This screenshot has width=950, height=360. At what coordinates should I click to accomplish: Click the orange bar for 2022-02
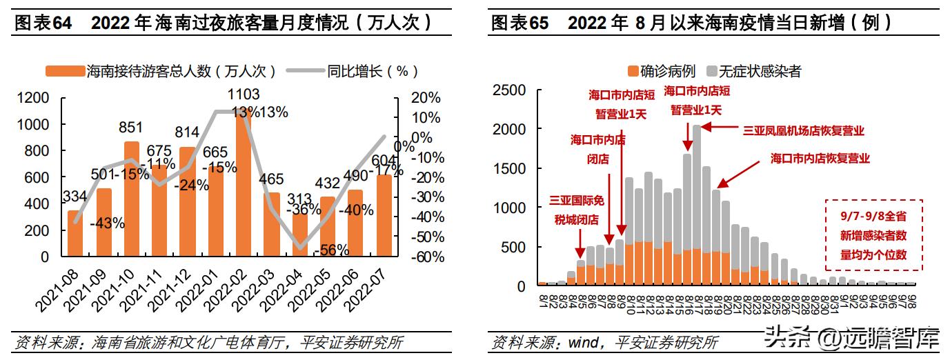pyautogui.click(x=242, y=186)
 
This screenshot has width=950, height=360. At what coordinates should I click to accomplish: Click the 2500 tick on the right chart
pyautogui.click(x=511, y=90)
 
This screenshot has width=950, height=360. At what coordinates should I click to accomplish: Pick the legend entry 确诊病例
pyautogui.click(x=662, y=71)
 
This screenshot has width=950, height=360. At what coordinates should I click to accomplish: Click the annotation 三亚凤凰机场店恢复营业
pyautogui.click(x=803, y=130)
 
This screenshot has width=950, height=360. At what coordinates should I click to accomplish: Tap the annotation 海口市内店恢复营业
pyautogui.click(x=820, y=158)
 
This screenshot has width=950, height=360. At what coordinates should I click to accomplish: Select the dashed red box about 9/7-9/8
pyautogui.click(x=874, y=235)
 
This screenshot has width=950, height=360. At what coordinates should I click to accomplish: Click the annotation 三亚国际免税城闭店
pyautogui.click(x=576, y=210)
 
